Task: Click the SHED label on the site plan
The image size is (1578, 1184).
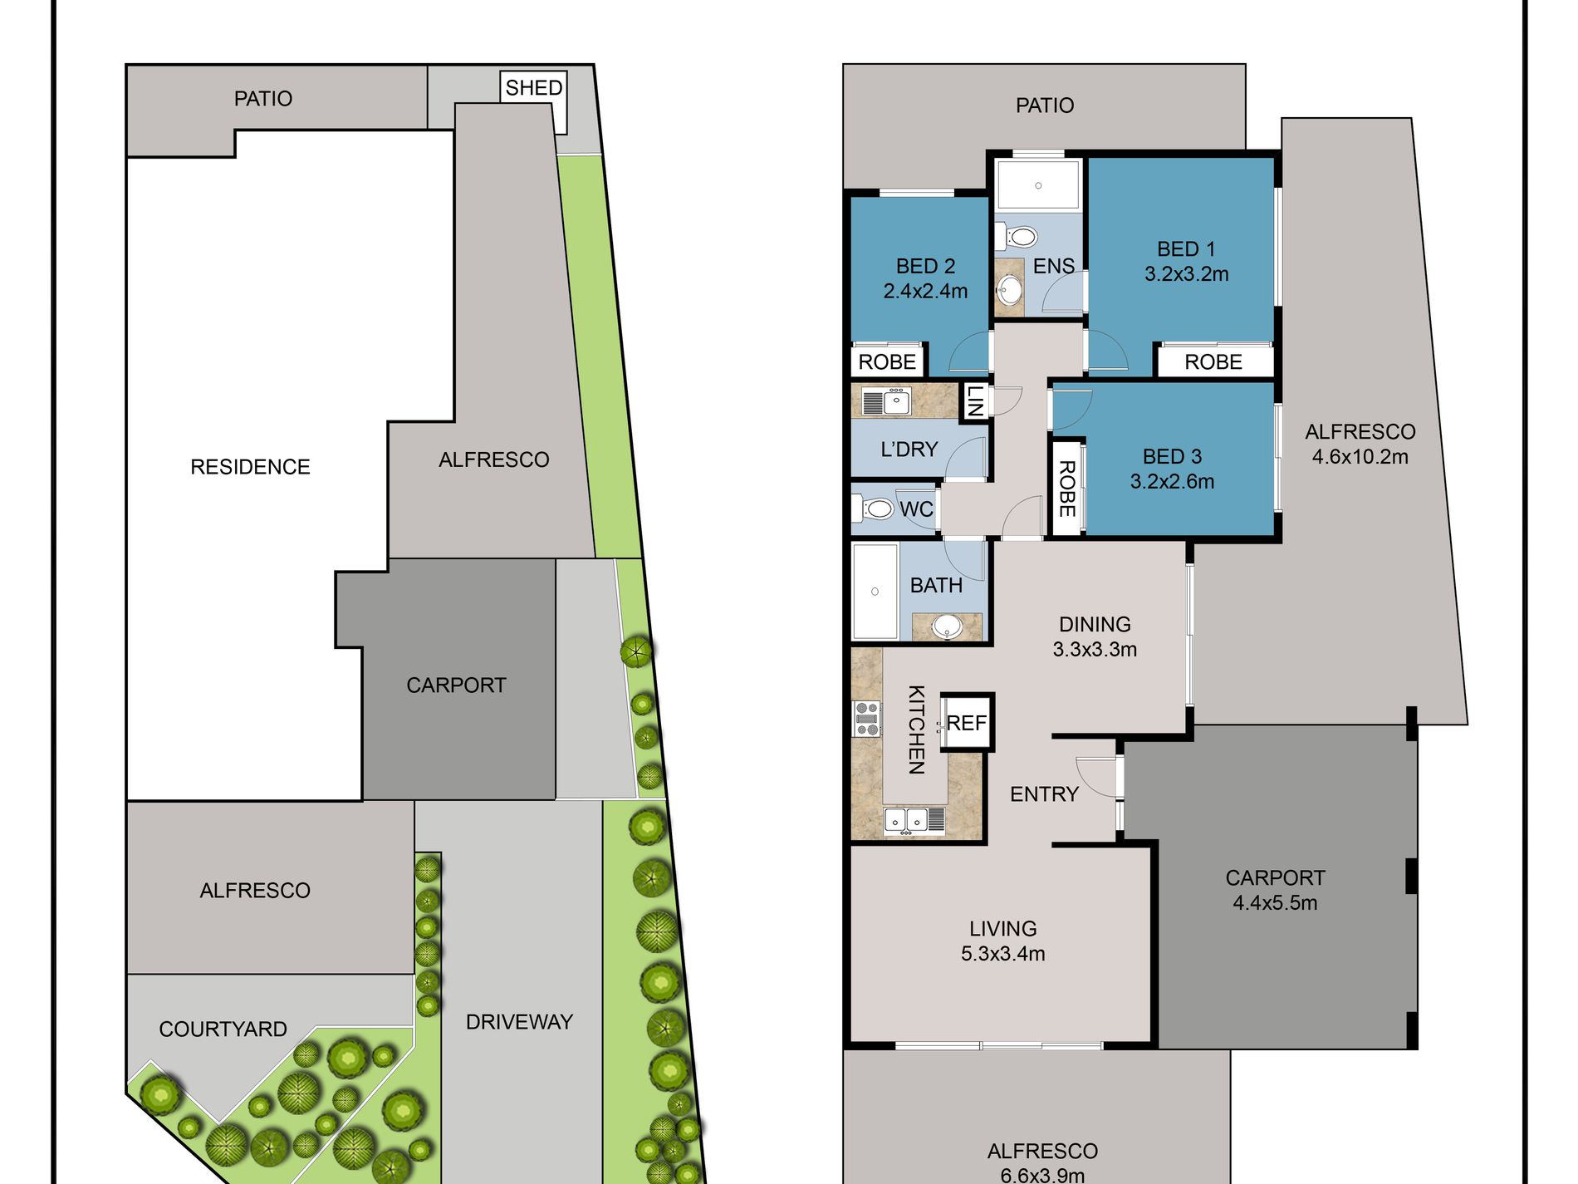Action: point(534,88)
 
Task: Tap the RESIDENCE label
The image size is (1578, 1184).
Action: point(250,467)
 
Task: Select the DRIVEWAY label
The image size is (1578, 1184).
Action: point(519,1022)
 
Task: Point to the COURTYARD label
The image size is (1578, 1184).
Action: point(223,1029)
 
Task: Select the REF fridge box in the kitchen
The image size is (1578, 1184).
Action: point(967,723)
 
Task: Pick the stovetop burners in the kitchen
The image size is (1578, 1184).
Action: point(867,719)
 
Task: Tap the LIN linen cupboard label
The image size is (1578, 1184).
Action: point(975,400)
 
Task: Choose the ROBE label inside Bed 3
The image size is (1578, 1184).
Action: point(1067,489)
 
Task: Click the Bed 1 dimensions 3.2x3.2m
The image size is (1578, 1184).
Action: point(1186,274)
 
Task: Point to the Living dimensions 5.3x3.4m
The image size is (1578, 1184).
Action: point(1002,954)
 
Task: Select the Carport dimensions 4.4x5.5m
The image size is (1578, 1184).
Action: point(1275,903)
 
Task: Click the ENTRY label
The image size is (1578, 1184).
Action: point(1044,794)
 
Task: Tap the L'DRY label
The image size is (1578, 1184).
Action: point(909,450)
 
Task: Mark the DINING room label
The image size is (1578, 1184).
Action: point(1095,625)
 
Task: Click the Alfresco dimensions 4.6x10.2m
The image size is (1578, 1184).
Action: point(1360,457)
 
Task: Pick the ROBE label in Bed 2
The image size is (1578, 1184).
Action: point(887,362)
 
